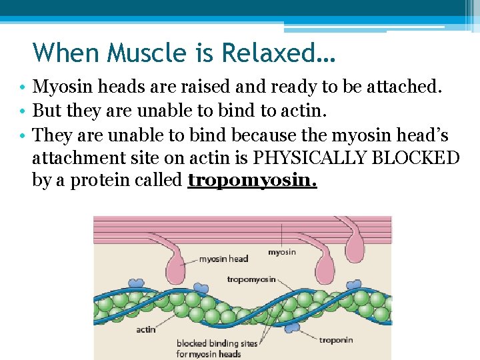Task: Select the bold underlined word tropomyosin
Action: pos(252,180)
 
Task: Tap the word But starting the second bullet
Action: pos(47,111)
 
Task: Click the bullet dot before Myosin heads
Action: pos(23,88)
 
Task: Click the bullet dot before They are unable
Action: pos(23,136)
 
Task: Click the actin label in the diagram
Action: pos(146,329)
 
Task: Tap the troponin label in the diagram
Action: pos(335,340)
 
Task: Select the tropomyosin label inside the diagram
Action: pos(251,279)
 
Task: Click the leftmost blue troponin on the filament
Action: pos(135,283)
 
